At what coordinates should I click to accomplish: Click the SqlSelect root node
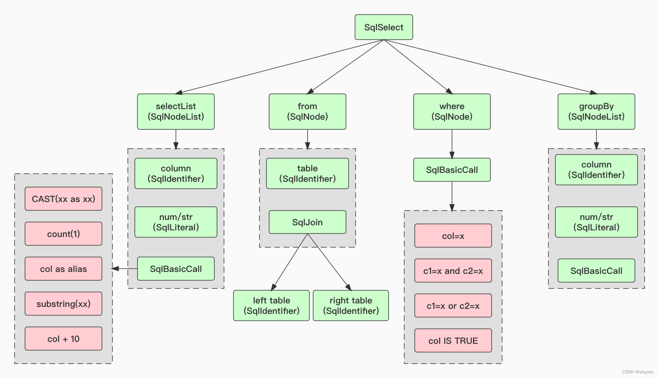click(384, 27)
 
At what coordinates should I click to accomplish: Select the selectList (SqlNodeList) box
click(176, 111)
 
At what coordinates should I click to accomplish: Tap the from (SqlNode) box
click(307, 111)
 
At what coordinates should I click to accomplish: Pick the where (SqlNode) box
click(452, 111)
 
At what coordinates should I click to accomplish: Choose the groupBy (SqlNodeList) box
click(596, 111)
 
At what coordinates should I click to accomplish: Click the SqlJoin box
click(307, 222)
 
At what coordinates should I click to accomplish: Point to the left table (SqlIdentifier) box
click(271, 305)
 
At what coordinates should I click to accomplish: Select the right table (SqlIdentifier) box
click(351, 305)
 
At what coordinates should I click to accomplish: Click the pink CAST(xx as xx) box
click(63, 199)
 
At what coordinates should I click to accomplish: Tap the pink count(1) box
click(63, 234)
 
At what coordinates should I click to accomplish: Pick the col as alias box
click(63, 269)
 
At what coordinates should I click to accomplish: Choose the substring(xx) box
click(63, 304)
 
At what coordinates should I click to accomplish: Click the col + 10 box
click(63, 339)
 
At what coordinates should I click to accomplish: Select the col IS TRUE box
click(453, 341)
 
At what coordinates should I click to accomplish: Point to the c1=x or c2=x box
click(453, 306)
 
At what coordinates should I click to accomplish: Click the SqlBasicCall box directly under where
click(452, 170)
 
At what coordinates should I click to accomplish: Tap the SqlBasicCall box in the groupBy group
click(596, 271)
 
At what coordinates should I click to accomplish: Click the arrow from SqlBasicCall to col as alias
click(124, 268)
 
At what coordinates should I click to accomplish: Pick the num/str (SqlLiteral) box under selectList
click(176, 222)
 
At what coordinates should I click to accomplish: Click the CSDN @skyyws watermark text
click(637, 372)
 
